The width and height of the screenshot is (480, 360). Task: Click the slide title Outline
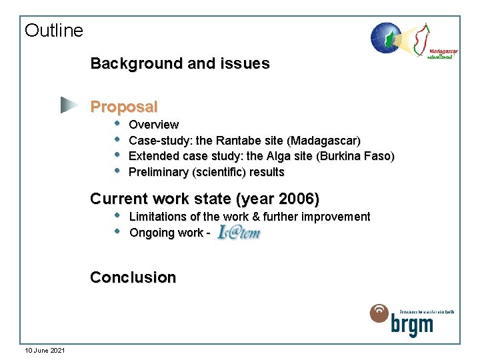(54, 31)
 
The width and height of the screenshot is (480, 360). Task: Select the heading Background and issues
(180, 64)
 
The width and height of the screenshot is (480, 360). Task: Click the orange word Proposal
(124, 107)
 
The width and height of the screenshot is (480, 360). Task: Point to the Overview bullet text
(153, 125)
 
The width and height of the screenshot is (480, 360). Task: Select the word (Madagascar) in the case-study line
(324, 141)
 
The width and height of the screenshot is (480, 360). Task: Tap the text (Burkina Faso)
(355, 157)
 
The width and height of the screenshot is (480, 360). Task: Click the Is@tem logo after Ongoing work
(237, 232)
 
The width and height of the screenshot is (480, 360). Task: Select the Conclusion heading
(133, 277)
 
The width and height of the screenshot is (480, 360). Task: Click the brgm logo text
(411, 325)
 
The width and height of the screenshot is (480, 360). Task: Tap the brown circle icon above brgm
(379, 313)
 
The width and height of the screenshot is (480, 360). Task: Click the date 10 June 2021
(45, 351)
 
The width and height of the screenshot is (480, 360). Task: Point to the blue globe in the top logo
(385, 37)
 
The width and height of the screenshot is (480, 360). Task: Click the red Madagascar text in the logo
(442, 51)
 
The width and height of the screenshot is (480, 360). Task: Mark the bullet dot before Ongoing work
(117, 231)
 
